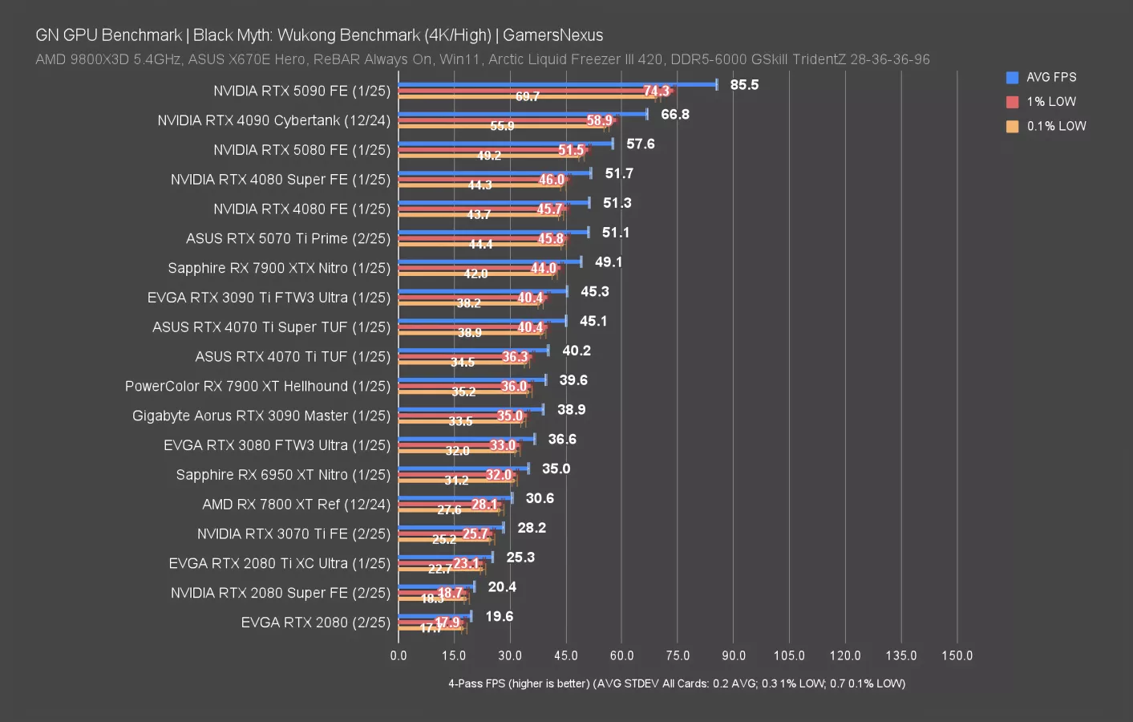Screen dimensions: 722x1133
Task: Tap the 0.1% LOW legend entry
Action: [x=1055, y=126]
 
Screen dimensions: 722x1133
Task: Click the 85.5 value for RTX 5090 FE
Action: [x=744, y=85]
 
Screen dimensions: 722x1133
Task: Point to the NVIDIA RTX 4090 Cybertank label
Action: [x=273, y=120]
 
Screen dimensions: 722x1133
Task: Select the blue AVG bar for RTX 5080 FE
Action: [x=505, y=144]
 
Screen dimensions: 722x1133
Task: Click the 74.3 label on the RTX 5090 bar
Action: [x=656, y=91]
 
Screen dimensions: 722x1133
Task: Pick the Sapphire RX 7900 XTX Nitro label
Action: [x=278, y=268]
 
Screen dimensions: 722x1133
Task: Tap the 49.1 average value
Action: [x=609, y=262]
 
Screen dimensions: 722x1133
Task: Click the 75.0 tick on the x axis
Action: [x=678, y=655]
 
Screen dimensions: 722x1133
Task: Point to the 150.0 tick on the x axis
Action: [x=957, y=655]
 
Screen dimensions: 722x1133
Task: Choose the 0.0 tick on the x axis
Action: [x=399, y=655]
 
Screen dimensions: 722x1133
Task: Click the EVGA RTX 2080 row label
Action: [x=315, y=623]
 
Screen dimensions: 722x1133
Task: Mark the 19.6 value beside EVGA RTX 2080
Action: [x=499, y=617]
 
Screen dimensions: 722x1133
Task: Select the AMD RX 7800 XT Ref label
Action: [x=296, y=505]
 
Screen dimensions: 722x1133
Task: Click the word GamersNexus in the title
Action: [x=552, y=35]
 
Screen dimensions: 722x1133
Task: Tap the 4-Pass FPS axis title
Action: [x=676, y=683]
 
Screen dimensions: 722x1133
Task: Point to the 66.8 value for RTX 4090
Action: [x=674, y=115]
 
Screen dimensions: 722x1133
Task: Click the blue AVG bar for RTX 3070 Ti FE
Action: [x=451, y=527]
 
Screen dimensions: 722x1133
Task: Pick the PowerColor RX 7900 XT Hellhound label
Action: [x=257, y=387]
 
